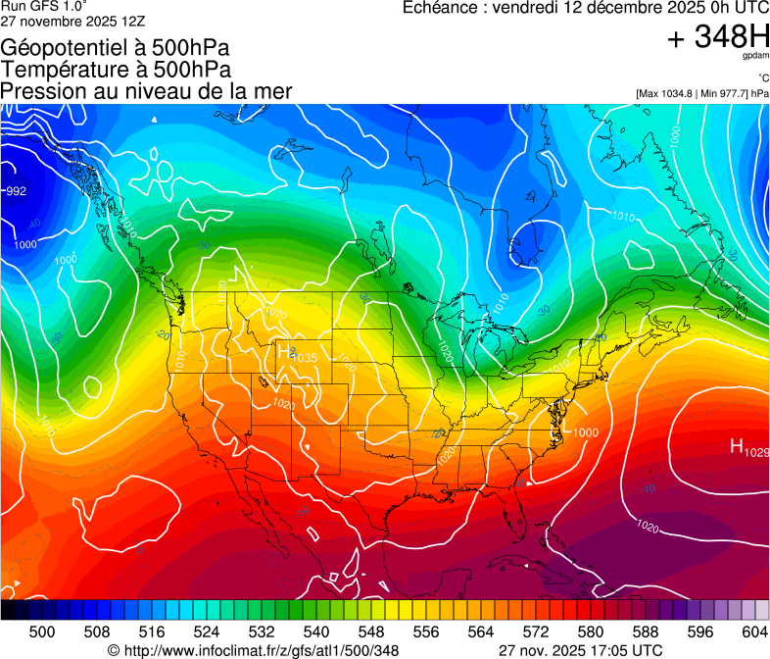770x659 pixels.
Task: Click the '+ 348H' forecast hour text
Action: (718, 37)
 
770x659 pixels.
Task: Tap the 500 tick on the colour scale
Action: (43, 631)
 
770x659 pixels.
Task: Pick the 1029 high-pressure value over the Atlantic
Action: (756, 452)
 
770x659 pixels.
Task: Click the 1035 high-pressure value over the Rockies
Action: (305, 359)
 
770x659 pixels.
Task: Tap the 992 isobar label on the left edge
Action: (16, 191)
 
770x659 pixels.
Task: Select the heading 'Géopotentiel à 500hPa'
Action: (116, 48)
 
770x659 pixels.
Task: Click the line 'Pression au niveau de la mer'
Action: (146, 91)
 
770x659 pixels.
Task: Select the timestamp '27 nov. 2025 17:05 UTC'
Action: (580, 650)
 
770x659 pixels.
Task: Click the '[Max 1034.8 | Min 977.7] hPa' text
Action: (701, 93)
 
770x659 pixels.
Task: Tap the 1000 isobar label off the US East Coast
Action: (586, 432)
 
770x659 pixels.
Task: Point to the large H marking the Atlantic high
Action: (737, 447)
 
